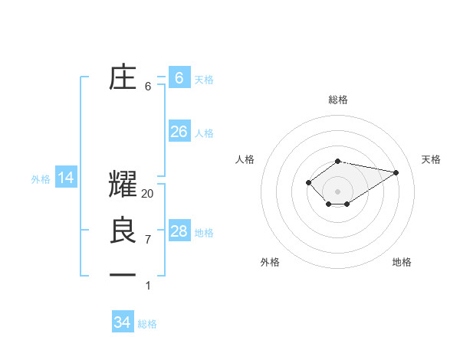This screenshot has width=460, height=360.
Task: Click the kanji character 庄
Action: (x=123, y=77)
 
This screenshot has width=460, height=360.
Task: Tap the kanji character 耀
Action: (x=123, y=185)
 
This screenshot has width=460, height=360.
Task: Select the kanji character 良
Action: (x=123, y=231)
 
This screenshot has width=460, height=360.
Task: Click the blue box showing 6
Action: (x=179, y=77)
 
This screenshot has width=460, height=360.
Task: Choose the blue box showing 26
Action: (x=179, y=132)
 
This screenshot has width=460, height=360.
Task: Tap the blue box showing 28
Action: (x=179, y=231)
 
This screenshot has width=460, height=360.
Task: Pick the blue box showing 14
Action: (x=66, y=178)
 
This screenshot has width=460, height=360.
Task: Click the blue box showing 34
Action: (x=122, y=322)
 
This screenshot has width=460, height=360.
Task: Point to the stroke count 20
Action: (x=148, y=194)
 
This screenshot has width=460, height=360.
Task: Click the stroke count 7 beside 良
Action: (x=148, y=240)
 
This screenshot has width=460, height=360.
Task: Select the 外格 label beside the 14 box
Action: (x=41, y=179)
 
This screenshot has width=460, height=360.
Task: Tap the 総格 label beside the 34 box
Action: (x=147, y=324)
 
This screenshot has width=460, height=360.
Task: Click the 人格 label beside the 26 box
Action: (x=204, y=133)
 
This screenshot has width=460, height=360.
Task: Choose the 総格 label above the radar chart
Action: (x=338, y=100)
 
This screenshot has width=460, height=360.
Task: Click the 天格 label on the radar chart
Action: (x=432, y=159)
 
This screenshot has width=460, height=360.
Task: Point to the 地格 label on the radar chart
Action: (x=402, y=262)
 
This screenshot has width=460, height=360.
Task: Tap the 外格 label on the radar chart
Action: (x=270, y=262)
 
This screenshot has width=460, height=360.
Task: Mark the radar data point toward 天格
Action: (x=396, y=172)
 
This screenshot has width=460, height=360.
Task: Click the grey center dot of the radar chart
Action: (x=338, y=191)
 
